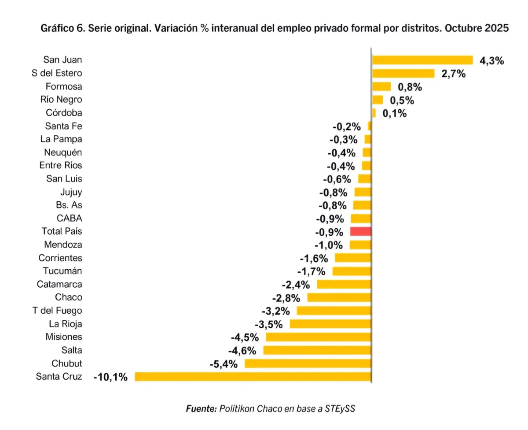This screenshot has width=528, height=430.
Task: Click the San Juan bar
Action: click(422, 60)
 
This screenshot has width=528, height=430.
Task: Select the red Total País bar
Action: click(361, 231)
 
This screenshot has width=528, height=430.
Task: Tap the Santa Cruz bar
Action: click(253, 376)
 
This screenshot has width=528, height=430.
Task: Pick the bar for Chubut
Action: click(308, 363)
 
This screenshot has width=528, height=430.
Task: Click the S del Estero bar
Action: click(403, 74)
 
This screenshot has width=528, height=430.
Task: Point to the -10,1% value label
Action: click(110, 377)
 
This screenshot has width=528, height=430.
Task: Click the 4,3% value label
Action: click(491, 61)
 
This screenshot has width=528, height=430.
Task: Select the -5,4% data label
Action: click(223, 364)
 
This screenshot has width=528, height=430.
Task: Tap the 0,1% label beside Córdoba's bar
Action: click(394, 114)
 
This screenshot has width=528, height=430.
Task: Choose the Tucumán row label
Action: click(62, 271)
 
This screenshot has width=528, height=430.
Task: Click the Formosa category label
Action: click(64, 86)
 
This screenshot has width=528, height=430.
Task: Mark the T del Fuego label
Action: click(57, 311)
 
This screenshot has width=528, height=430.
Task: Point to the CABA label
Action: click(70, 218)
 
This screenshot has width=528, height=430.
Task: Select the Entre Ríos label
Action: click(61, 166)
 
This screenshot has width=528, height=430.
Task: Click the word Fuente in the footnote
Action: click(200, 408)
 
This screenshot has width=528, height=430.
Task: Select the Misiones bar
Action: click(319, 337)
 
